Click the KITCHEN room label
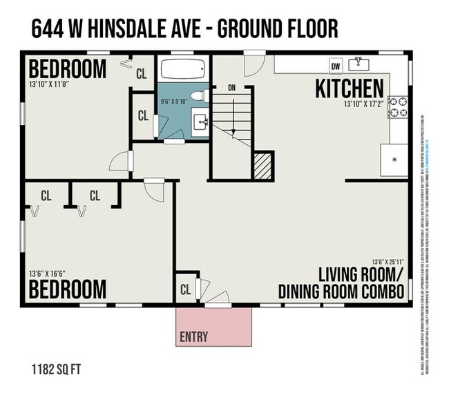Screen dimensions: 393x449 coord(349,88)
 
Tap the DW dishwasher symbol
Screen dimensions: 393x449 coord(336,66)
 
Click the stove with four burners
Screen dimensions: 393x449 coord(399,107)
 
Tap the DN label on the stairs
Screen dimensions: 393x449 coord(232,88)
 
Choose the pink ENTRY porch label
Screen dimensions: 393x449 coord(193,337)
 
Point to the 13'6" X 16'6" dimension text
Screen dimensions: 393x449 coord(46,273)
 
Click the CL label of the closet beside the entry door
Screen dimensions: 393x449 coord(187,289)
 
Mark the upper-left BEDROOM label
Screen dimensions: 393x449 coord(67,69)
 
